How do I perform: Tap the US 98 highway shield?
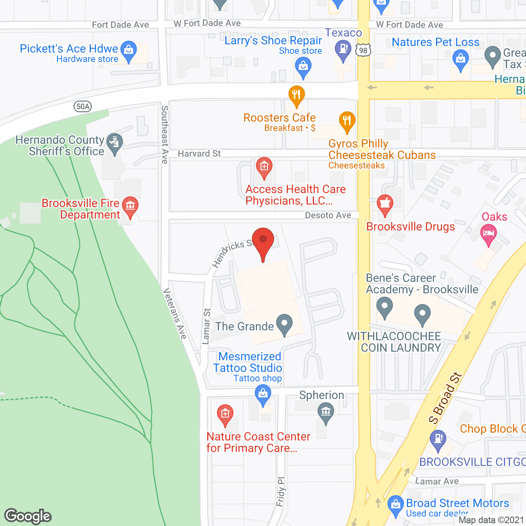click(363, 51)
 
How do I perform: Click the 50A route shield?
click(83, 106)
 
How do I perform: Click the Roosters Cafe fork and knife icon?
click(296, 95)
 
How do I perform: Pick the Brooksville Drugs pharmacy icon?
click(385, 204)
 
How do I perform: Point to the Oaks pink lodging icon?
click(488, 234)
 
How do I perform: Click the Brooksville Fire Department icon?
click(130, 205)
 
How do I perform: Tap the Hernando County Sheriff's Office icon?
click(115, 143)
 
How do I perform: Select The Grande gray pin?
click(284, 324)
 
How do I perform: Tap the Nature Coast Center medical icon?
click(225, 414)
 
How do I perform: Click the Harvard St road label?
click(199, 154)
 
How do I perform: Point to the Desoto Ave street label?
click(328, 215)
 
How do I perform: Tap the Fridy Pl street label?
click(281, 491)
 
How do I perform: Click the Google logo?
click(28, 516)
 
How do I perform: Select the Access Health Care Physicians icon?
click(264, 167)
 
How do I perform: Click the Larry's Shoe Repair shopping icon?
click(303, 67)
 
